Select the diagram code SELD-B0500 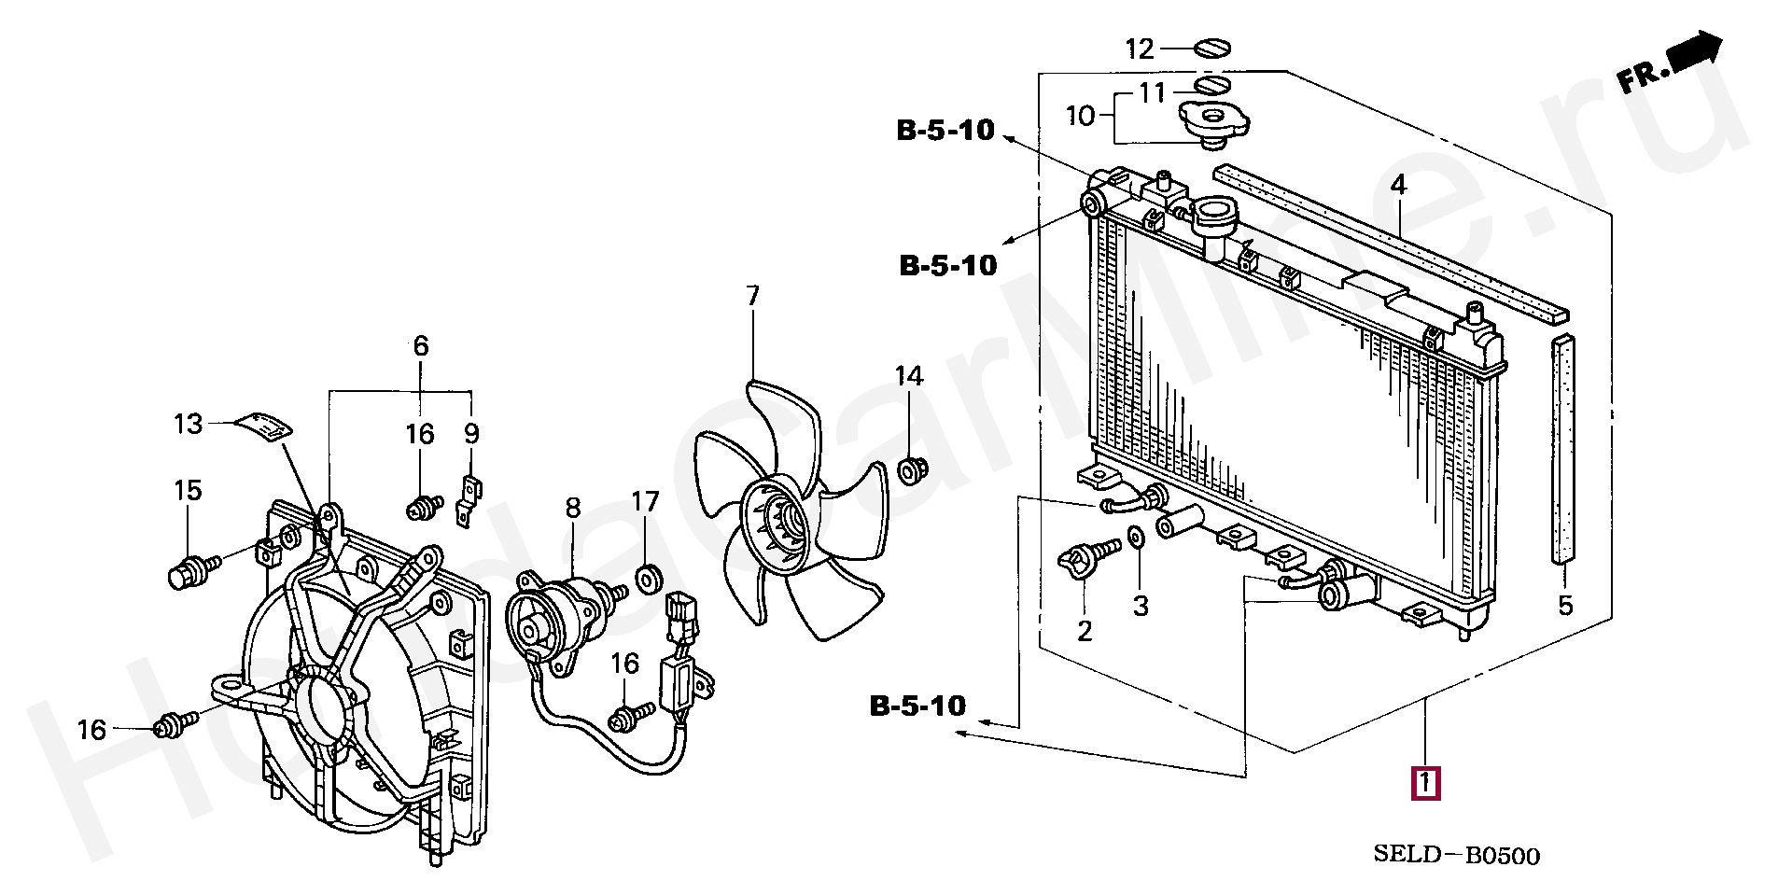point(1456,856)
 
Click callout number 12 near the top point(1140,49)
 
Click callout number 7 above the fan point(752,297)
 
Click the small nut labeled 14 point(911,471)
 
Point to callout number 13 point(188,425)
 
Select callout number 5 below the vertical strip point(1565,606)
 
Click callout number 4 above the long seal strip point(1397,186)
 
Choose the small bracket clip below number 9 point(467,501)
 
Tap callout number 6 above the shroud point(421,347)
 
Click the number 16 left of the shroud point(91,729)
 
